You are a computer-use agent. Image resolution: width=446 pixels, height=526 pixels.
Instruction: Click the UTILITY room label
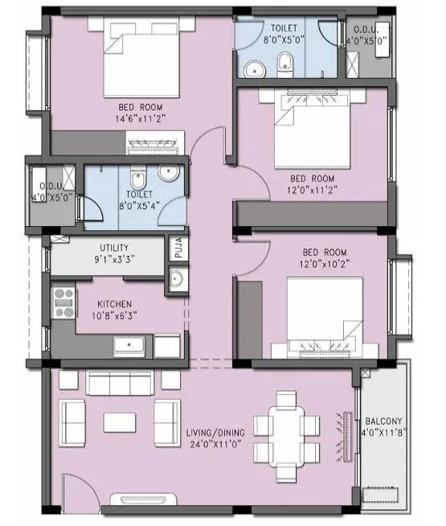coord(115,248)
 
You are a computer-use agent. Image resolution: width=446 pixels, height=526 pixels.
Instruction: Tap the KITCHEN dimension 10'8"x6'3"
coord(115,317)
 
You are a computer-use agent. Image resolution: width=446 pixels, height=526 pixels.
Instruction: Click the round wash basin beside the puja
coord(176,279)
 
